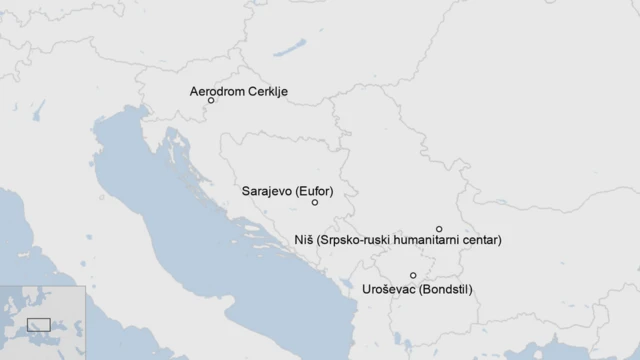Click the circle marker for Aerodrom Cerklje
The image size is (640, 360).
(x=211, y=101)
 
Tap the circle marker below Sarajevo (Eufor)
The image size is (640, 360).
(x=315, y=203)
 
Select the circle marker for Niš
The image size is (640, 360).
(x=439, y=229)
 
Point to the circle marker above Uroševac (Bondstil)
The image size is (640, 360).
(x=413, y=275)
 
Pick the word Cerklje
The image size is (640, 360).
(x=268, y=91)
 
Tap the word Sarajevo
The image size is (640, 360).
(x=267, y=189)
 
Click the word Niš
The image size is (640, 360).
(x=304, y=241)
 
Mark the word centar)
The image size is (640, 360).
(x=482, y=241)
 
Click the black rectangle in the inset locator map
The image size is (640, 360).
(x=39, y=324)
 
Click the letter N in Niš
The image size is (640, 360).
(x=298, y=241)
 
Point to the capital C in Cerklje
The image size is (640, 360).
(x=252, y=91)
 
